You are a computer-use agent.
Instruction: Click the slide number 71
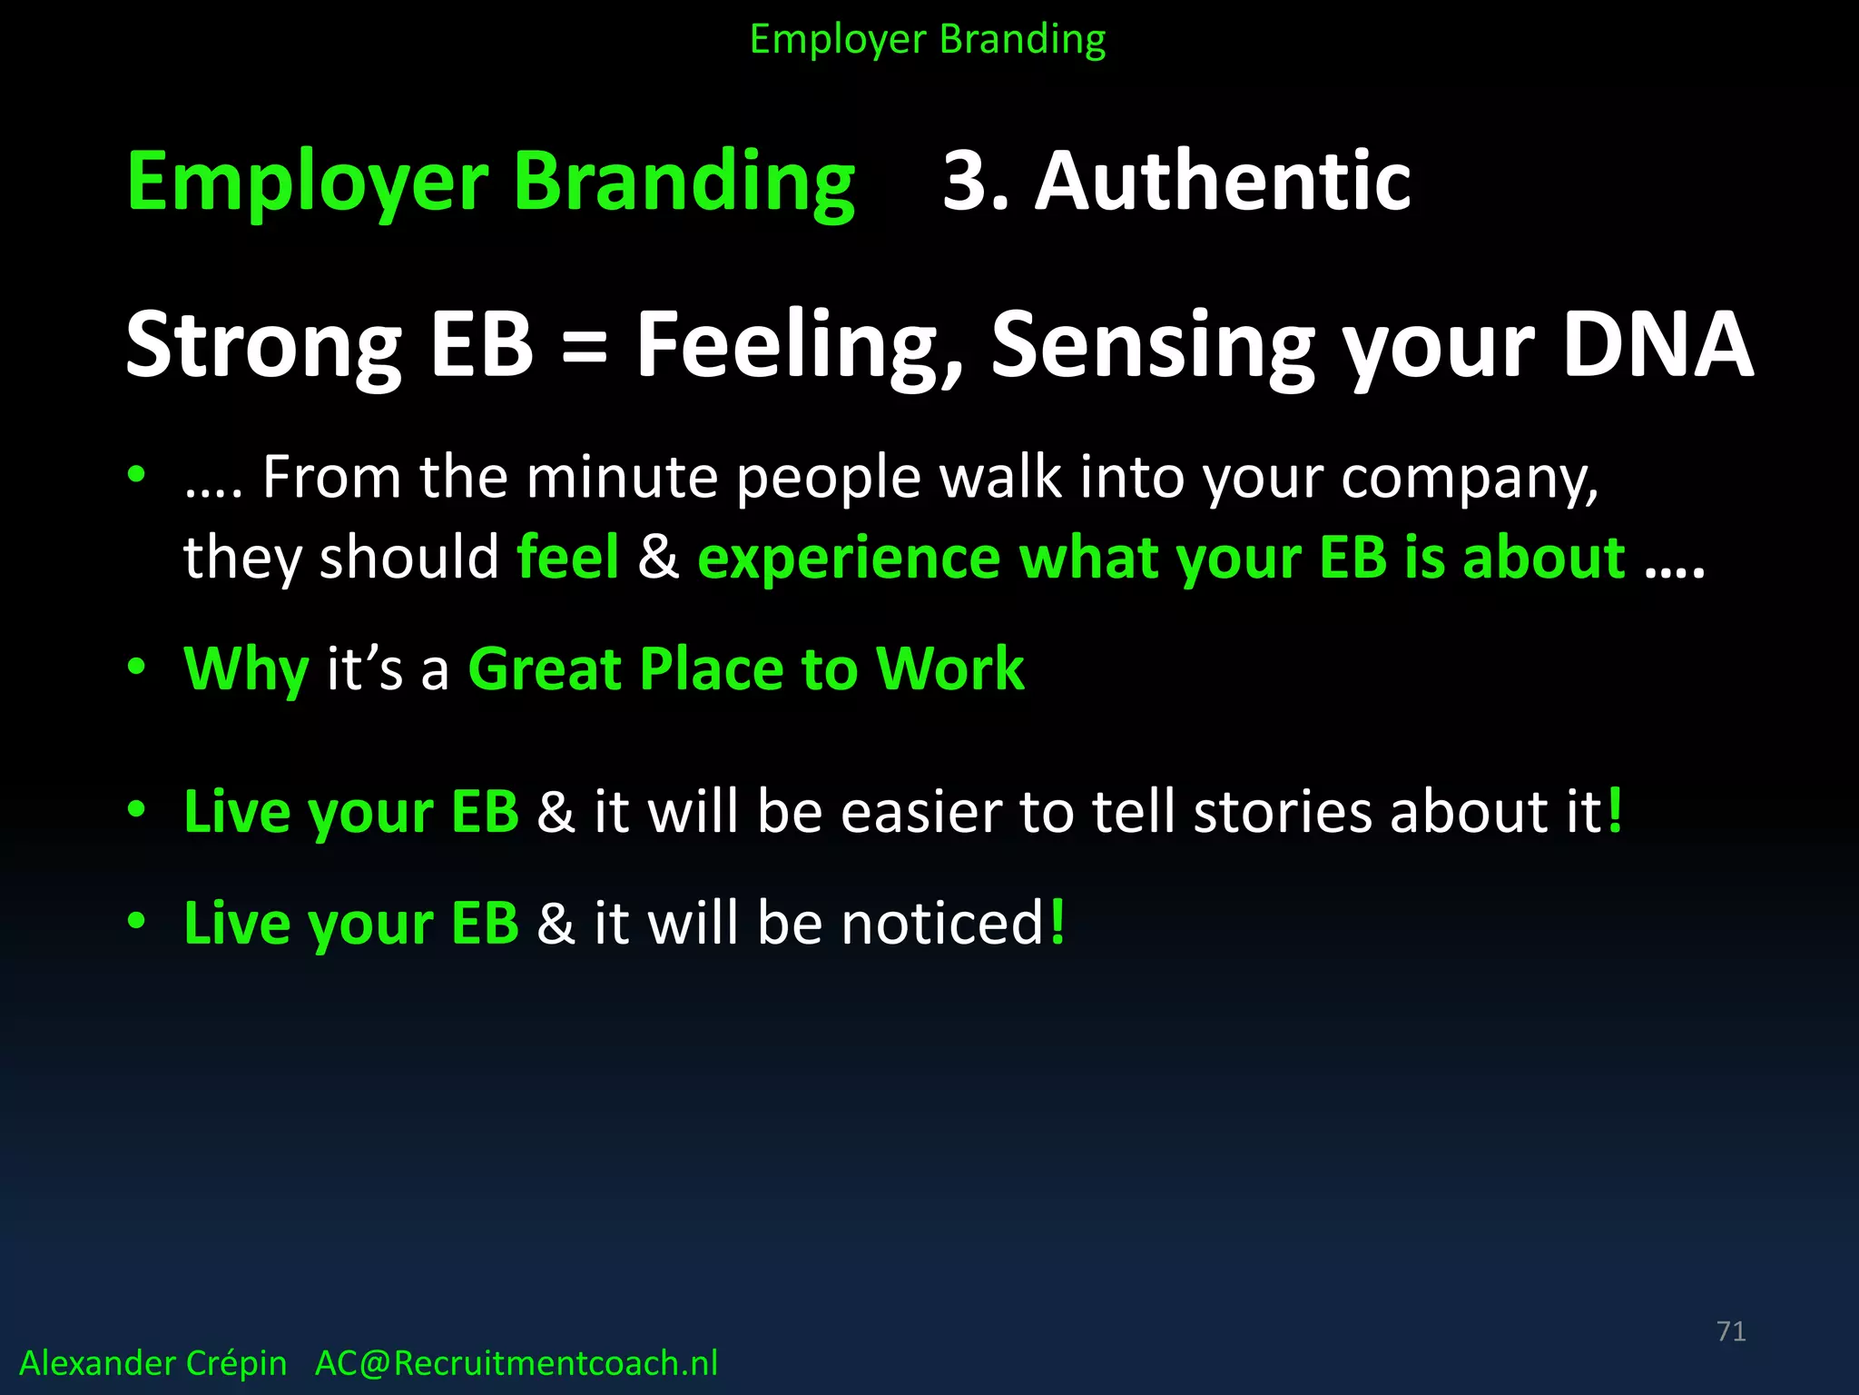click(1731, 1331)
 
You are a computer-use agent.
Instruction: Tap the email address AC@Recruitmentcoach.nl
click(516, 1363)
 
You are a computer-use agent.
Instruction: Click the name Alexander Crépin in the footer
click(152, 1363)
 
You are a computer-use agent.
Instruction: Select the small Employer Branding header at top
click(928, 40)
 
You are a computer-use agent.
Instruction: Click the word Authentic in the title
click(1223, 182)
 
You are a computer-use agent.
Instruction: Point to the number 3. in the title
click(976, 182)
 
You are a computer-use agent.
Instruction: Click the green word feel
click(567, 556)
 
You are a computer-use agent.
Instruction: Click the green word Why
click(246, 670)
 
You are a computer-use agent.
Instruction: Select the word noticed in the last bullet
click(943, 923)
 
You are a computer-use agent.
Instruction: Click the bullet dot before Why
click(136, 668)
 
